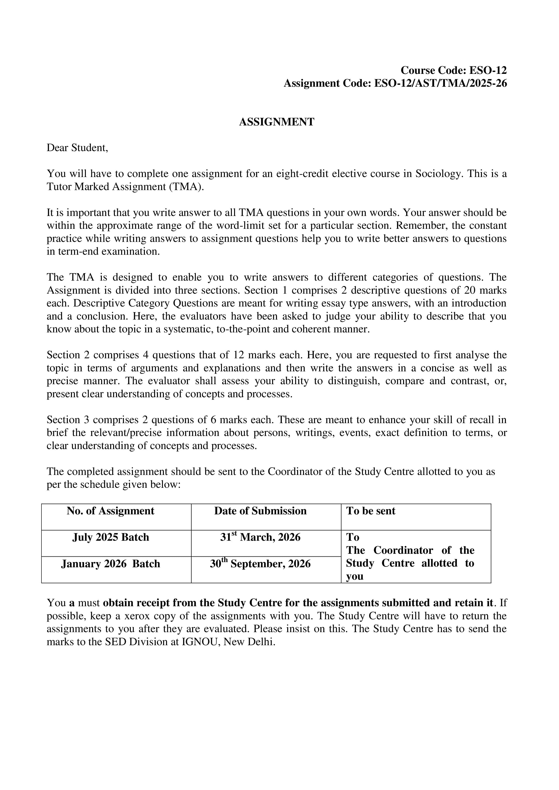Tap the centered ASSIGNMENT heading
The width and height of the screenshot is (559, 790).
[x=276, y=122]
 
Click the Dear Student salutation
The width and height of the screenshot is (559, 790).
[x=78, y=148]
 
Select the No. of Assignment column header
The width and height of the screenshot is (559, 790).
[x=110, y=511]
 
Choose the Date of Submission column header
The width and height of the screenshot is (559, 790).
[x=260, y=511]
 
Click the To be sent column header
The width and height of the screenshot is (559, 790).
[x=371, y=511]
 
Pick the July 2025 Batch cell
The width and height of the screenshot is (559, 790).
[x=110, y=538]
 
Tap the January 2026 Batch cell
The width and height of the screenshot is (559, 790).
[x=110, y=564]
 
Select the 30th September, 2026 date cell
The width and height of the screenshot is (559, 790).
[x=260, y=564]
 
